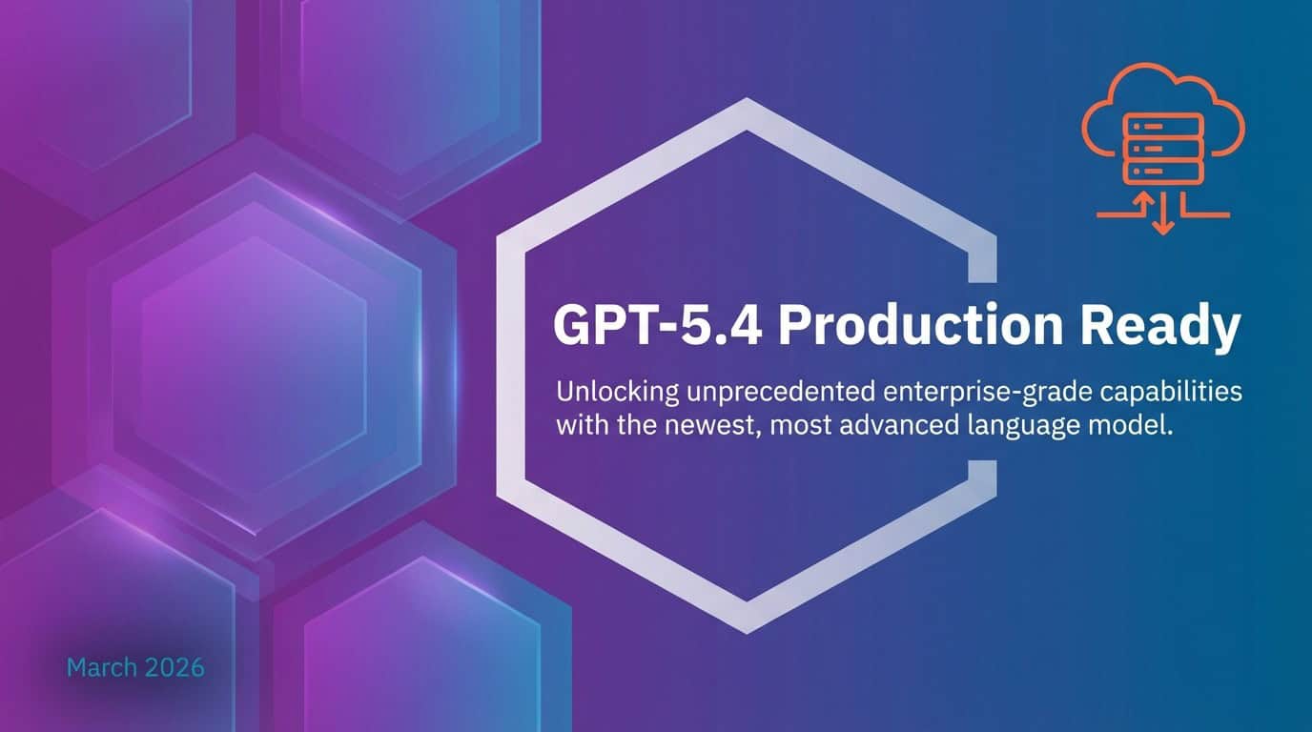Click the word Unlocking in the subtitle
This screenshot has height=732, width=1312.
[x=603, y=392]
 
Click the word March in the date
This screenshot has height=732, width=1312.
[x=100, y=667]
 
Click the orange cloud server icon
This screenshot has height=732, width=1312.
[x=1162, y=143]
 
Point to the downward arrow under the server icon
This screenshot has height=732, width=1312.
[x=1162, y=218]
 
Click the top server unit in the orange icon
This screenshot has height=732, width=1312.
[x=1162, y=125]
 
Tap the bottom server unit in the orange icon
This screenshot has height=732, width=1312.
[x=1162, y=173]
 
